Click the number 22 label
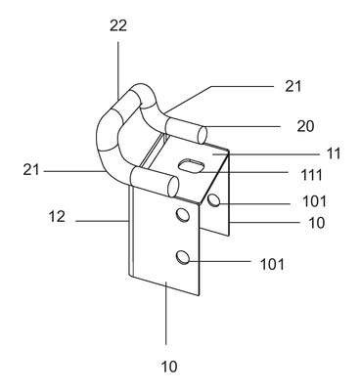tap(117, 25)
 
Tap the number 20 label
tap(305, 126)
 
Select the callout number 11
tap(334, 153)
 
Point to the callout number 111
tap(312, 175)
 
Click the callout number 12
tap(57, 216)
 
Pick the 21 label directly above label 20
tap(293, 86)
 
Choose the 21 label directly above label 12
tap(31, 170)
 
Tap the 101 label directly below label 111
tap(314, 201)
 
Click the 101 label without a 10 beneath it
tap(272, 264)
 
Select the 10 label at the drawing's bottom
tap(169, 367)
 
